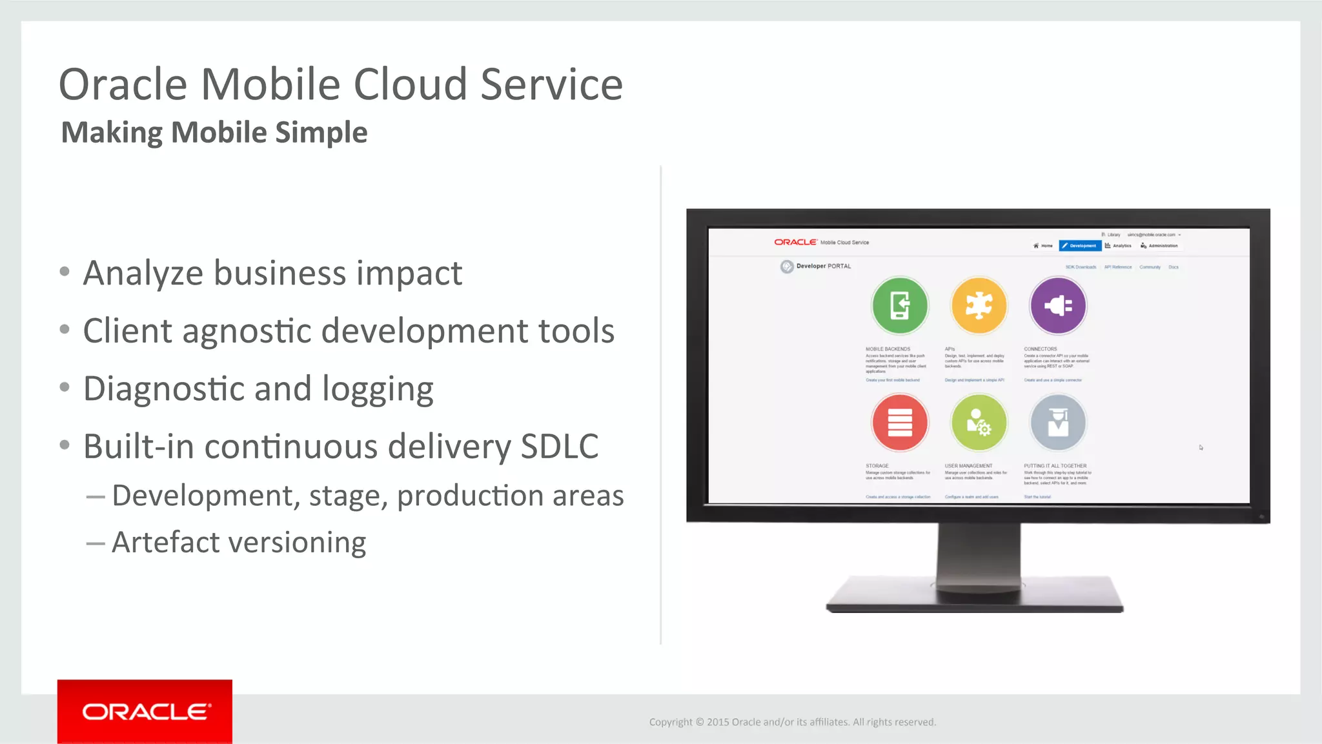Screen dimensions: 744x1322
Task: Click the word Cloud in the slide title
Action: pyautogui.click(x=411, y=85)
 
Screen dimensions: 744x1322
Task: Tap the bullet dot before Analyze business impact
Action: pyautogui.click(x=65, y=272)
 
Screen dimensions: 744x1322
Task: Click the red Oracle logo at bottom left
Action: pyautogui.click(x=145, y=711)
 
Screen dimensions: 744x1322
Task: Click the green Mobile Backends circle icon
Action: pyautogui.click(x=899, y=305)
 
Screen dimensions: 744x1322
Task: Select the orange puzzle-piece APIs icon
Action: pyautogui.click(x=979, y=305)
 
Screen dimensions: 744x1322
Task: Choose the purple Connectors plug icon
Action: pyautogui.click(x=1057, y=305)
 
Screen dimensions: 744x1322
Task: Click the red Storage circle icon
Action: pyautogui.click(x=899, y=423)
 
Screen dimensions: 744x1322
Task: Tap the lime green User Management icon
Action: pyautogui.click(x=979, y=423)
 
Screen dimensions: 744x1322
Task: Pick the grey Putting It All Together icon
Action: pyautogui.click(x=1057, y=423)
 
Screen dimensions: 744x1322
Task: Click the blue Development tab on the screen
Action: pyautogui.click(x=1080, y=246)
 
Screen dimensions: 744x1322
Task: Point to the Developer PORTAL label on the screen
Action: pyautogui.click(x=823, y=266)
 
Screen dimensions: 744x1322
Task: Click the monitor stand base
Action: pyautogui.click(x=975, y=597)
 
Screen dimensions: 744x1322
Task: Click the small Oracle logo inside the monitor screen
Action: pyautogui.click(x=795, y=242)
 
